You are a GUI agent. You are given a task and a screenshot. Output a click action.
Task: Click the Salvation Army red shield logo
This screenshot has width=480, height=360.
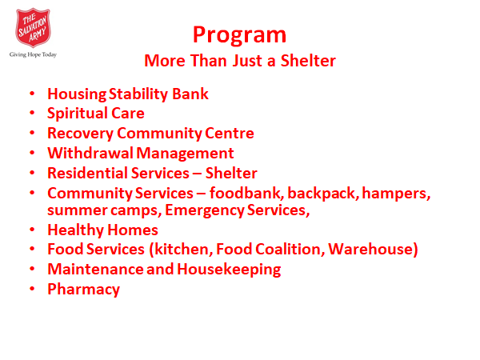pos(33,28)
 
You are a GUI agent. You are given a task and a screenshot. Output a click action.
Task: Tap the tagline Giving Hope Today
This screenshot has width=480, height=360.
pos(33,54)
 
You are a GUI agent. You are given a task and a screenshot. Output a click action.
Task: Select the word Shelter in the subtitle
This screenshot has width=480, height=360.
pos(308,61)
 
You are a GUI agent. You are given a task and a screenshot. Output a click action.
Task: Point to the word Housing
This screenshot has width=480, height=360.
pos(77,94)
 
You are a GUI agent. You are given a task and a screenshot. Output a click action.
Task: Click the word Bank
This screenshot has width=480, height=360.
pos(190,94)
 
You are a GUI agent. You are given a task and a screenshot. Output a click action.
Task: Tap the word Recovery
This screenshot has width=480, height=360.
pos(81,134)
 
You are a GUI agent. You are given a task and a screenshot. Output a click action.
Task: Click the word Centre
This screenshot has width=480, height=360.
pos(230,134)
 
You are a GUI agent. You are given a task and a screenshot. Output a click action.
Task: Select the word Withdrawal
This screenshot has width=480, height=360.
pos(90,153)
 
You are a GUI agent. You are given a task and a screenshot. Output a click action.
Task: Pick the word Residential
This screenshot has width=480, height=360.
pos(87,173)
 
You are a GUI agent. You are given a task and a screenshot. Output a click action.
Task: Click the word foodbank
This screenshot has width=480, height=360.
pos(246,193)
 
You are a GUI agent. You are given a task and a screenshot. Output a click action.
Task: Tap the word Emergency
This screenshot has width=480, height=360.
pos(205,210)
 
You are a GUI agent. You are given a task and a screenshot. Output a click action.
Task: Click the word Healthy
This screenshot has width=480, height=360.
pos(75,230)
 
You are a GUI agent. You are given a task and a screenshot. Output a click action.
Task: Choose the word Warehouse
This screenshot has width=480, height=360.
pos(370,249)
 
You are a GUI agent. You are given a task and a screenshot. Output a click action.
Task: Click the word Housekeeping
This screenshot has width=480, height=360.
pos(229,270)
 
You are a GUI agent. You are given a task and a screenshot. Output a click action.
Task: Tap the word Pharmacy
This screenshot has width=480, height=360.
pos(83,290)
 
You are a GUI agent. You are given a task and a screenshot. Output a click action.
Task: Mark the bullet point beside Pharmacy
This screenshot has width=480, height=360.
pos(32,288)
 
